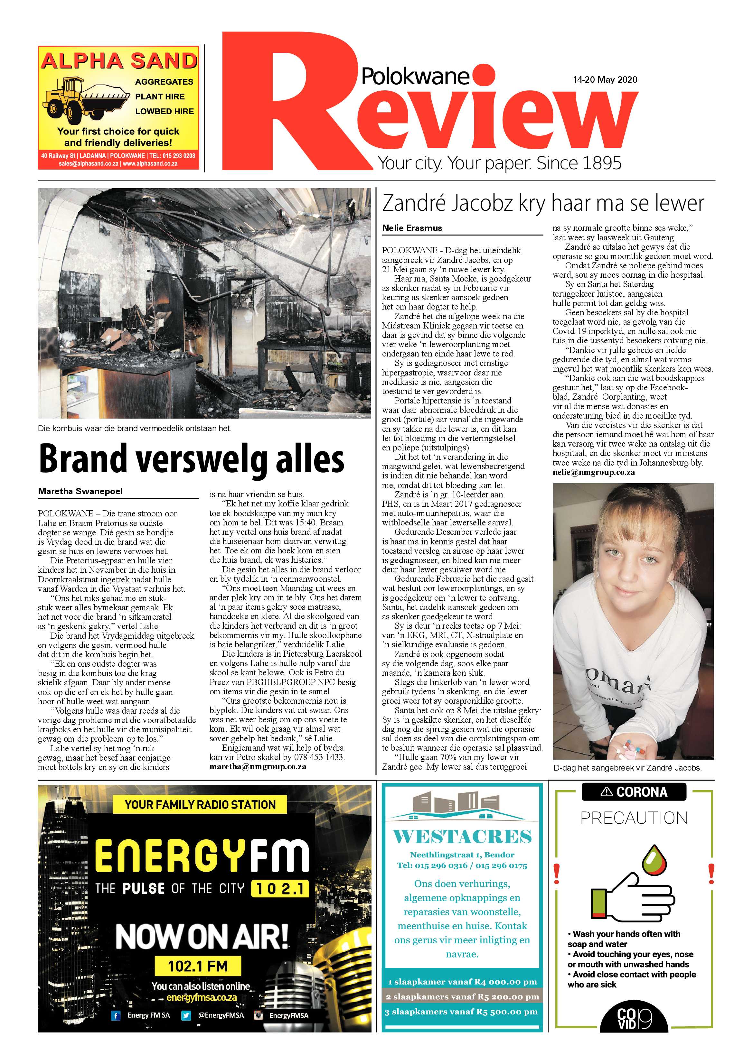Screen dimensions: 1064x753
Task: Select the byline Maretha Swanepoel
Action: click(x=80, y=491)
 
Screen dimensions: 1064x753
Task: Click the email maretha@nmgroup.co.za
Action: click(x=257, y=766)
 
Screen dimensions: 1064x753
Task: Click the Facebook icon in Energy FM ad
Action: click(x=115, y=1015)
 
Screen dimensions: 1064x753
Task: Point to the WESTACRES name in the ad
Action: click(x=462, y=837)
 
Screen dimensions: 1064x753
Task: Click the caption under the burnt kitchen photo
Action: click(x=135, y=429)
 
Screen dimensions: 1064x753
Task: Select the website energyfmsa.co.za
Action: click(x=202, y=997)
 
